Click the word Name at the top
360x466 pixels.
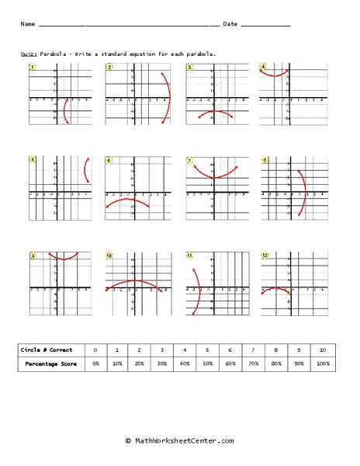pos(28,24)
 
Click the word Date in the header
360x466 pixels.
pos(230,24)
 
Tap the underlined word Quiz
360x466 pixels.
pos(26,54)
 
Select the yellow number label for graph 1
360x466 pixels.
pos(33,68)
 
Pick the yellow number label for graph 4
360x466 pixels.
pos(264,68)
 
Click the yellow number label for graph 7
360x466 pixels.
pos(189,161)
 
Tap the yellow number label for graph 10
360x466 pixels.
pos(109,255)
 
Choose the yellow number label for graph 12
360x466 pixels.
pos(265,255)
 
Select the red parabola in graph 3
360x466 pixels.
pos(213,113)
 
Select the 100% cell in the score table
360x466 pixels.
pos(323,363)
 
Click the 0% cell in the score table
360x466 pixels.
pos(95,363)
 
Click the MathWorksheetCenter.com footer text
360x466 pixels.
pos(179,440)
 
